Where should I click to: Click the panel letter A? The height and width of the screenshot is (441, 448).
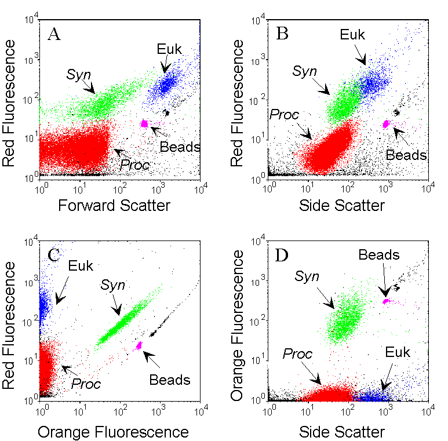(54, 35)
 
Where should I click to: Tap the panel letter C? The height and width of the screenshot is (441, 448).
(54, 256)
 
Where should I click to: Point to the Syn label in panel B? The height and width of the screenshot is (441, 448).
(305, 71)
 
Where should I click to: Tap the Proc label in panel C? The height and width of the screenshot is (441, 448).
(86, 384)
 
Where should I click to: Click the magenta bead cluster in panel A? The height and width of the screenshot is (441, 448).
(145, 123)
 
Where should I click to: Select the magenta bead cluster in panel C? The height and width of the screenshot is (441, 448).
(139, 345)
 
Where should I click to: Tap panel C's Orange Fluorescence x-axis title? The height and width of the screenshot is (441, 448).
(113, 432)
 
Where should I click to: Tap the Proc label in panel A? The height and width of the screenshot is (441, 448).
(134, 165)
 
